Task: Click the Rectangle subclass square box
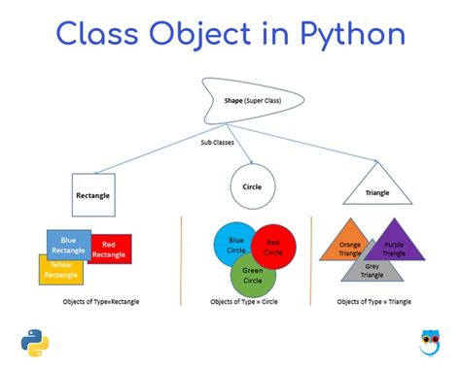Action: coord(92,194)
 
